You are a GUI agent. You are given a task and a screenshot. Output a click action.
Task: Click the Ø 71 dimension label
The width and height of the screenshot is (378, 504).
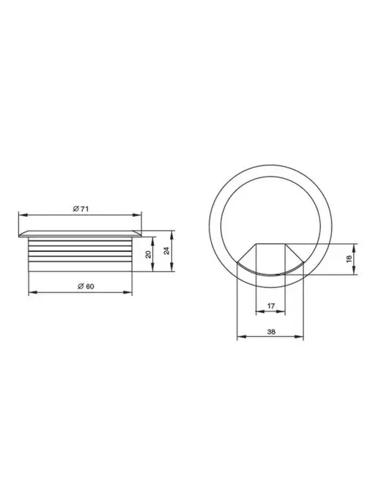[81, 209]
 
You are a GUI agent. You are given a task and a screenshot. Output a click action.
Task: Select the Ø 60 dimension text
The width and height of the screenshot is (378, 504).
[86, 286]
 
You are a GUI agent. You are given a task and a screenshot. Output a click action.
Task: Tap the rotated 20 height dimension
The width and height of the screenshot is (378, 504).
[148, 255]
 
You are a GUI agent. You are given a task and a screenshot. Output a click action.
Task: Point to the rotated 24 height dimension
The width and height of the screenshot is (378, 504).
[166, 251]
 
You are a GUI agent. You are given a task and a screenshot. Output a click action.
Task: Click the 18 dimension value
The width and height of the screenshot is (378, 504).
[349, 259]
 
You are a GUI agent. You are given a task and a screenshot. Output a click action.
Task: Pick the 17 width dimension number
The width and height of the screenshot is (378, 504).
[271, 305]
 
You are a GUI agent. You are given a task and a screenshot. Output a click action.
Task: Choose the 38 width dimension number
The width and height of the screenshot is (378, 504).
[271, 332]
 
